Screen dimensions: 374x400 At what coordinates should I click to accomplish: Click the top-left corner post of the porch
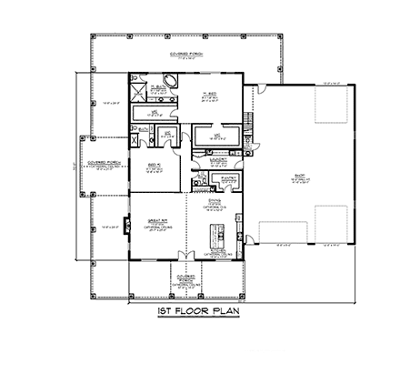click(92, 35)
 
